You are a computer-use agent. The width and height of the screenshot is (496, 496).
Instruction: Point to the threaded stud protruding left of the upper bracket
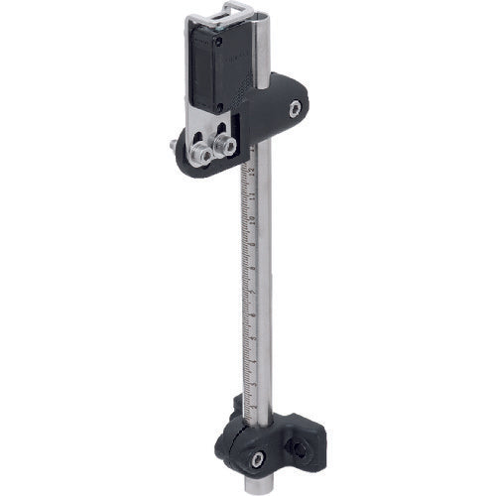pyautogui.click(x=175, y=148)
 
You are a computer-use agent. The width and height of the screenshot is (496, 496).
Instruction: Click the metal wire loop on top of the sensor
pyautogui.click(x=226, y=10)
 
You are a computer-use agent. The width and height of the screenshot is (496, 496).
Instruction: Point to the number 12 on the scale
pyautogui.click(x=254, y=171)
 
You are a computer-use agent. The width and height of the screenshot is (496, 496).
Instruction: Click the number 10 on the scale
pyautogui.click(x=253, y=219)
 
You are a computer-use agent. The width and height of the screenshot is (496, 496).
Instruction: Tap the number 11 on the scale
pyautogui.click(x=253, y=194)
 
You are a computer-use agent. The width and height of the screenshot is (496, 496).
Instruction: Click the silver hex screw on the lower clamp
pyautogui.click(x=257, y=457)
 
